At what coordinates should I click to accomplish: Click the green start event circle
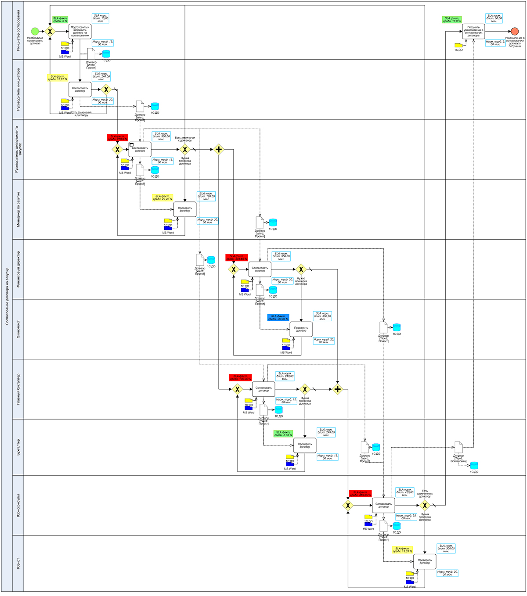[x=35, y=31]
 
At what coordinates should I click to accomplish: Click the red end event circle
[x=515, y=31]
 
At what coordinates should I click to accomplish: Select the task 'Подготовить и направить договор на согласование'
[x=80, y=31]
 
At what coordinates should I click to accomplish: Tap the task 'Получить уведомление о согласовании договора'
[x=473, y=31]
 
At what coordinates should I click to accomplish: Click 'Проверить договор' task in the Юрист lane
[x=425, y=561]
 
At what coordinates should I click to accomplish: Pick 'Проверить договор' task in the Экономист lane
[x=301, y=329]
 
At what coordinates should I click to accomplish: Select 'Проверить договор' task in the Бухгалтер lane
[x=305, y=445]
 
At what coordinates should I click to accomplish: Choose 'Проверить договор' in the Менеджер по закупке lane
[x=185, y=209]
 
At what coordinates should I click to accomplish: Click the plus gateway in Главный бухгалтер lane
[x=337, y=389]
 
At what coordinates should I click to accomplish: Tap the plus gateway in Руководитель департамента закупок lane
[x=218, y=149]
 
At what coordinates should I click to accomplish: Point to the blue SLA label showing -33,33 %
[x=278, y=317]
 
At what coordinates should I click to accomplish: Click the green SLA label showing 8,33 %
[x=284, y=434]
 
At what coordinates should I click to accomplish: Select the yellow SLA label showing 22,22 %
[x=162, y=198]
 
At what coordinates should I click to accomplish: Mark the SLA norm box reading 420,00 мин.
[x=404, y=492]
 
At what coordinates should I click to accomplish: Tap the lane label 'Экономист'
[x=18, y=329]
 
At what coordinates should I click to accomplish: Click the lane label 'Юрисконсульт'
[x=18, y=505]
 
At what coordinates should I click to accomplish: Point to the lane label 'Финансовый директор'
[x=18, y=269]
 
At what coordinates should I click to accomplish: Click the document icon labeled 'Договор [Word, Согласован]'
[x=458, y=447]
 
